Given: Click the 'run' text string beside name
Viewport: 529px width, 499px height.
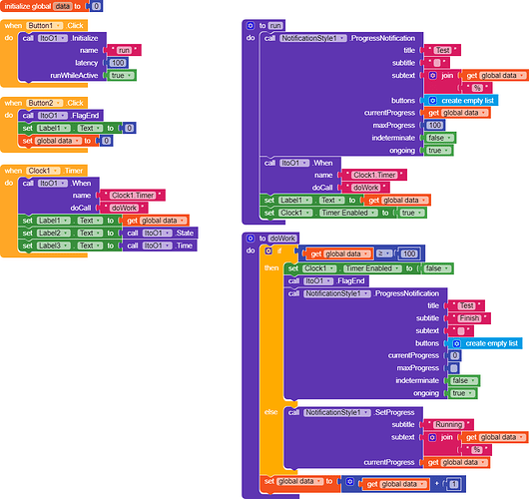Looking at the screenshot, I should [125, 49].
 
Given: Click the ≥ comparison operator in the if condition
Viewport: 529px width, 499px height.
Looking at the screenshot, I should [380, 254].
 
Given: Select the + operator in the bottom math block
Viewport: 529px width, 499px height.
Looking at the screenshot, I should [435, 484].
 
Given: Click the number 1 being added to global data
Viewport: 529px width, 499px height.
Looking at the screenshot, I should [453, 484].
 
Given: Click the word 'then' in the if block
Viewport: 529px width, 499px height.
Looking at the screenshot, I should [271, 268].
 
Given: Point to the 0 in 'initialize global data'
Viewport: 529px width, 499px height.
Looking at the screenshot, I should [96, 6].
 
